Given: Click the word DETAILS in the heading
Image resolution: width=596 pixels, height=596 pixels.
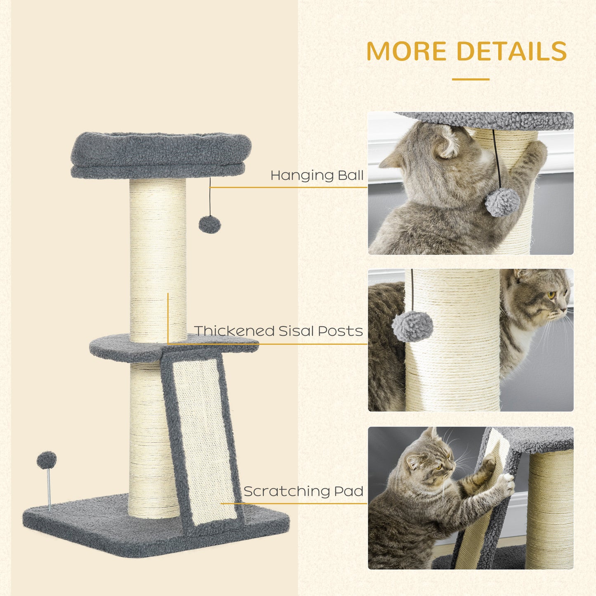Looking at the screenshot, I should pos(511,51).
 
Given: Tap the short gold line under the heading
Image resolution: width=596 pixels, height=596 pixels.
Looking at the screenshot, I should pos(471,79).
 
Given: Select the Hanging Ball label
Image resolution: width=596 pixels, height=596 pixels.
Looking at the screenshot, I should pos(317,176).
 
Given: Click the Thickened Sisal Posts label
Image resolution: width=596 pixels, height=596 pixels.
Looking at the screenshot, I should pos(278,331).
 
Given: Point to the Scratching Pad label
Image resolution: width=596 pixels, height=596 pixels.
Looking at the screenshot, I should pos(303,491).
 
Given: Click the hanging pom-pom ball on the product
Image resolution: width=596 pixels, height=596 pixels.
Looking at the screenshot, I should pos(210,224).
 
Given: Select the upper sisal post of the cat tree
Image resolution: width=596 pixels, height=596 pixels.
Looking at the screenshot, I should pos(158,256).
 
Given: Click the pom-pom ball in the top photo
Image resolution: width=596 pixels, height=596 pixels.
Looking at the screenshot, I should pos(502,202).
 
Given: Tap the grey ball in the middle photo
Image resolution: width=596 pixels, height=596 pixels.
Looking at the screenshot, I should pos(412,326).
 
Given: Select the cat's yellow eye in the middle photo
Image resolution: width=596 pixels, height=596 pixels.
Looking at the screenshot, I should pos(551,295).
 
